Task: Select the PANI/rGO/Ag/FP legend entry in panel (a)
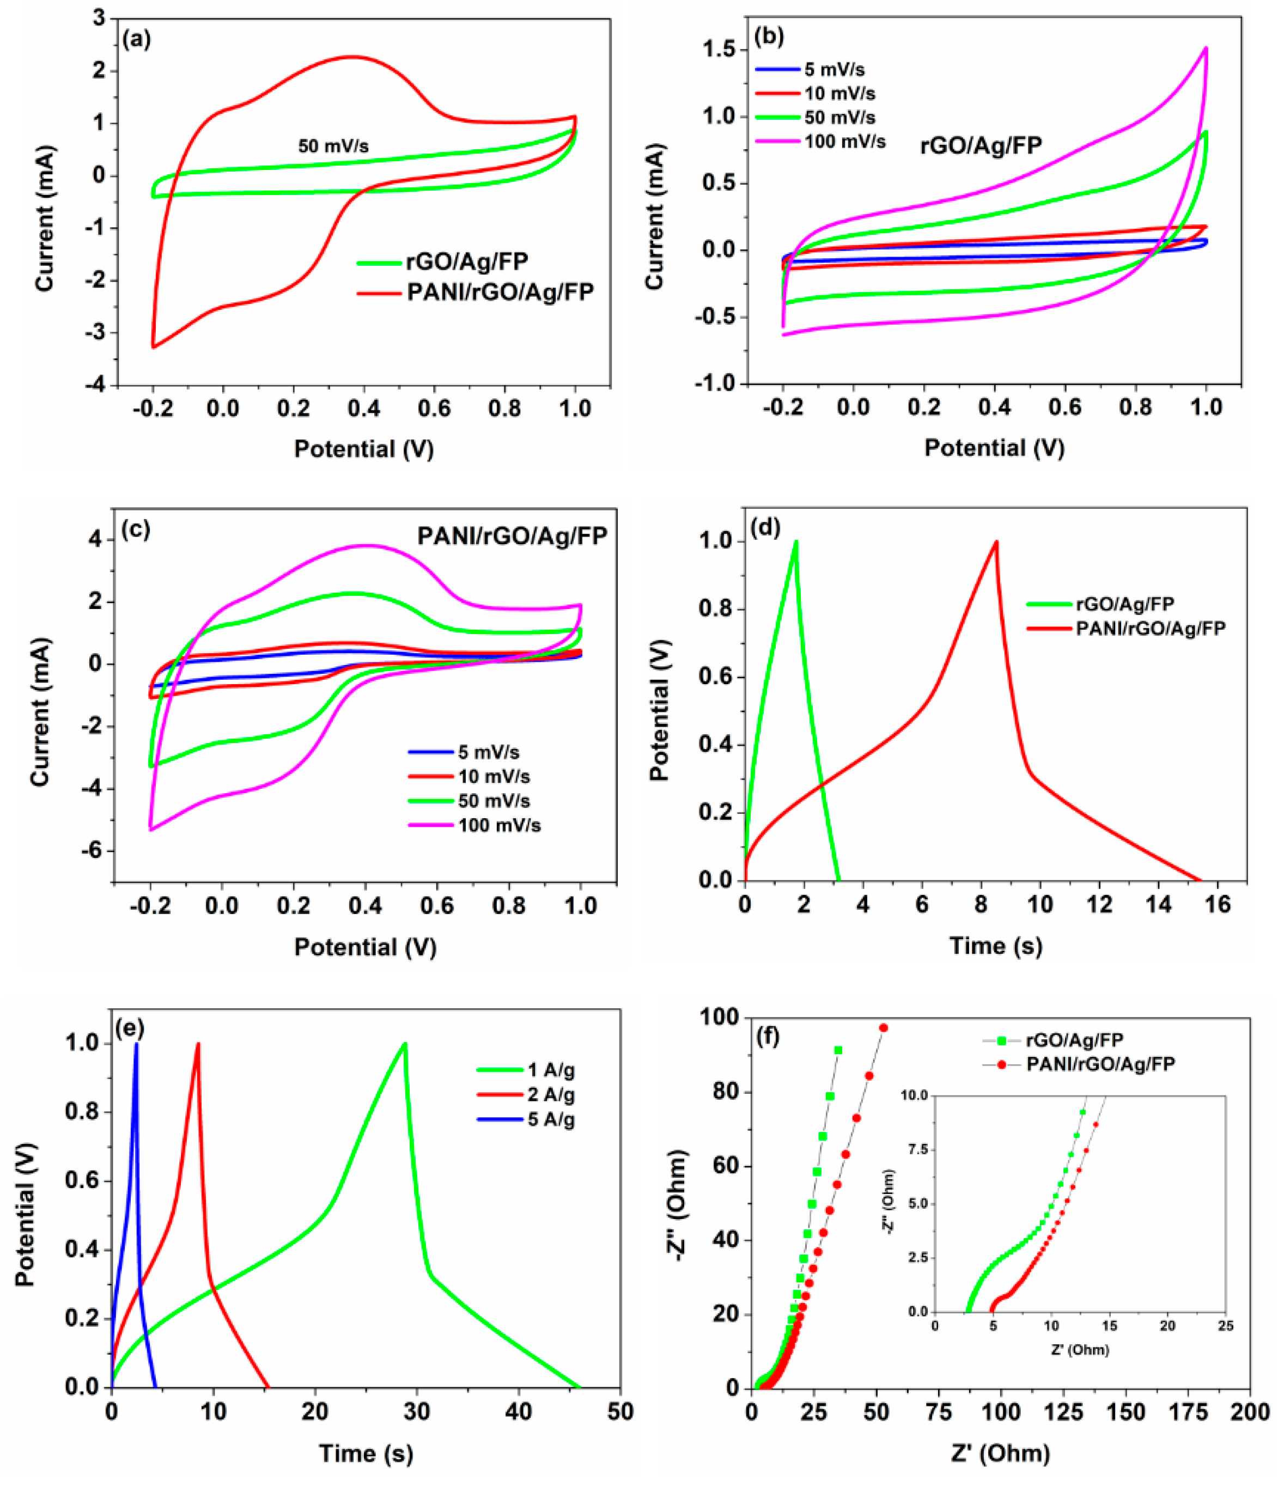pyautogui.click(x=500, y=292)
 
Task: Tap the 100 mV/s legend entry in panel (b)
pyautogui.click(x=844, y=141)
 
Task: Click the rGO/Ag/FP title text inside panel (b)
pyautogui.click(x=981, y=145)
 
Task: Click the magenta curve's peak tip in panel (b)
pyautogui.click(x=1206, y=49)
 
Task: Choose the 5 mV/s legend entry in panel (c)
pyautogui.click(x=489, y=752)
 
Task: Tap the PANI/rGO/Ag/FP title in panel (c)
pyautogui.click(x=512, y=536)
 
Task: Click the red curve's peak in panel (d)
pyautogui.click(x=996, y=542)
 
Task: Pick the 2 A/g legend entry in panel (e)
pyautogui.click(x=551, y=1094)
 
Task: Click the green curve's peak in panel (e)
pyautogui.click(x=405, y=1044)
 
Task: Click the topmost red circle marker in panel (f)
pyautogui.click(x=884, y=1028)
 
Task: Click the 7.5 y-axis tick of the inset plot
pyautogui.click(x=919, y=1150)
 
